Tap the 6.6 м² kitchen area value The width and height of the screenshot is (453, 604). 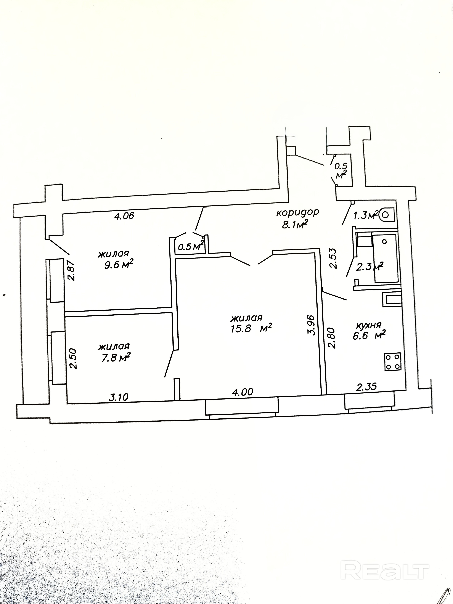369,335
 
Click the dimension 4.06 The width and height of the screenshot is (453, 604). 124,216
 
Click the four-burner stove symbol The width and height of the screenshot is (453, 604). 392,362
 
